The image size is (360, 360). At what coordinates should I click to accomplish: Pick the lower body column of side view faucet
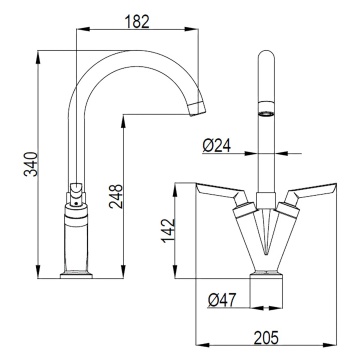point(76,240)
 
